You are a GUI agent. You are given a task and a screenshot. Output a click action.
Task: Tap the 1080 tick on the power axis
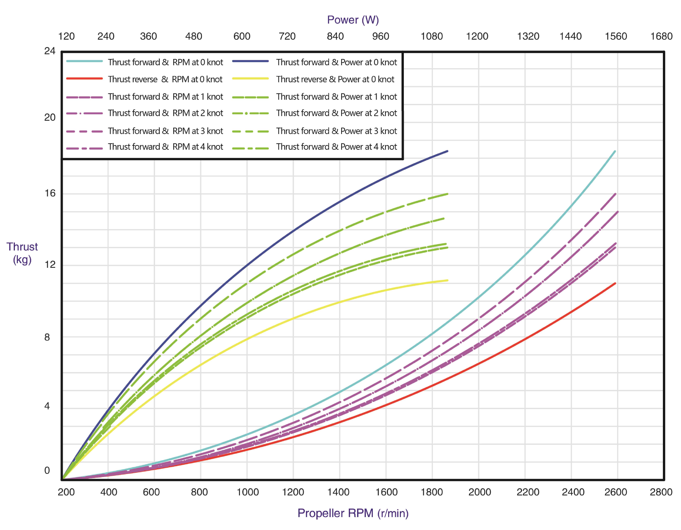(431, 37)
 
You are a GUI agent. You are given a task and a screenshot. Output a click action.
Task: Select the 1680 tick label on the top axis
(661, 37)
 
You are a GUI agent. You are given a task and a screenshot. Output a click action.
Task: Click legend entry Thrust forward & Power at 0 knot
(336, 62)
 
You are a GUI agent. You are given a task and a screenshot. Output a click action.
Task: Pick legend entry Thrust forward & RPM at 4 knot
(165, 147)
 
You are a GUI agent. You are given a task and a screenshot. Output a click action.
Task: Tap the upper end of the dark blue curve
(447, 151)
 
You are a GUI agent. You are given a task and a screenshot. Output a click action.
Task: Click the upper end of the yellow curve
(447, 280)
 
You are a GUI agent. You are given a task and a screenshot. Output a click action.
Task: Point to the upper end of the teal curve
(615, 151)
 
